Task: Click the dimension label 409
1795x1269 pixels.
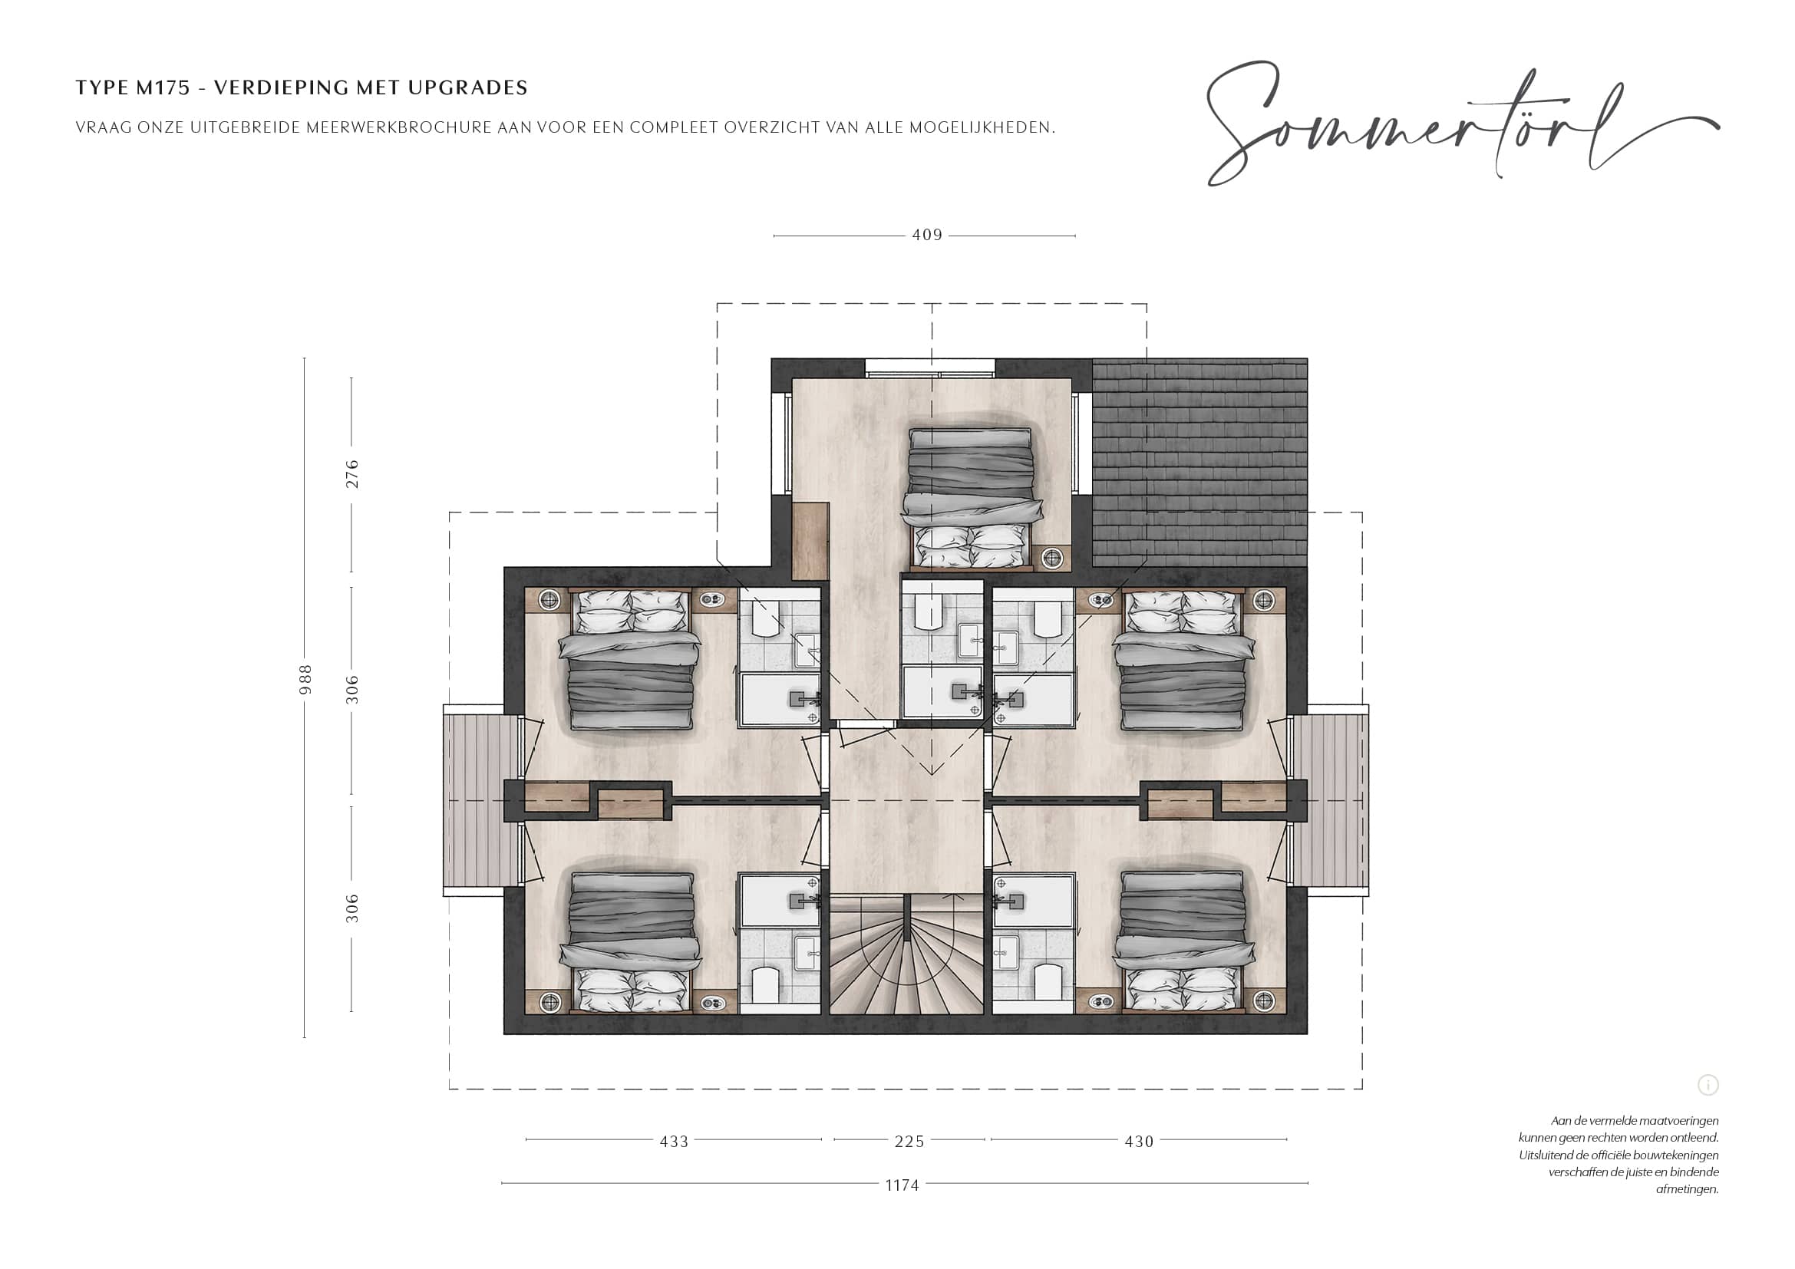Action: (x=927, y=236)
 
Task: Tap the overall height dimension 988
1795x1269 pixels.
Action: (x=305, y=679)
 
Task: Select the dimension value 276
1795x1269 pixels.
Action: (x=352, y=474)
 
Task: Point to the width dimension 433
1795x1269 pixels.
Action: (x=674, y=1142)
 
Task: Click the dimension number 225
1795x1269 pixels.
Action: (x=909, y=1142)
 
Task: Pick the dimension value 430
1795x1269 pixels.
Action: (x=1139, y=1142)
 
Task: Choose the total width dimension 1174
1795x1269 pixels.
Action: (x=902, y=1185)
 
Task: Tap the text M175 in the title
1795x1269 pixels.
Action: (x=163, y=87)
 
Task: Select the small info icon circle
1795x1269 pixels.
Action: (x=1708, y=1085)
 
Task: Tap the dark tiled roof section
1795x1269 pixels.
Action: (x=1199, y=463)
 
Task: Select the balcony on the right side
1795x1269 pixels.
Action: (x=1330, y=800)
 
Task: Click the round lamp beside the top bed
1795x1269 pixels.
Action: (x=1052, y=557)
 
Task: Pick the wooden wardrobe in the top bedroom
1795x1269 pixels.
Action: (x=810, y=541)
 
